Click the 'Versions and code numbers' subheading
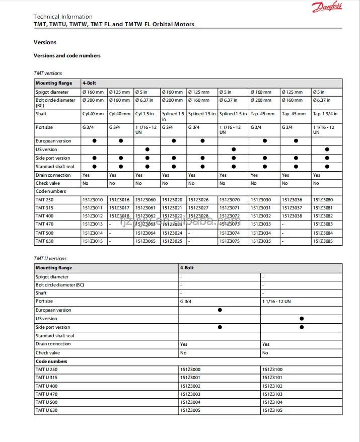[67, 56]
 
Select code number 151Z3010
[92, 200]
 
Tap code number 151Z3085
[323, 242]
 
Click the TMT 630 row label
[44, 242]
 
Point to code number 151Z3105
[272, 410]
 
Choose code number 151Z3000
[190, 370]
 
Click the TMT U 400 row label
[46, 386]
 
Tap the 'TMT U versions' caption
[50, 259]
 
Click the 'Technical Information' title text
[63, 17]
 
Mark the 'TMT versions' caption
[48, 73]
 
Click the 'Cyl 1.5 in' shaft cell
[145, 114]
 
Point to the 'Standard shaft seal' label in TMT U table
[55, 336]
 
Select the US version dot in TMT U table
[302, 319]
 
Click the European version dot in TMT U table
[220, 310]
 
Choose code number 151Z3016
[119, 200]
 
